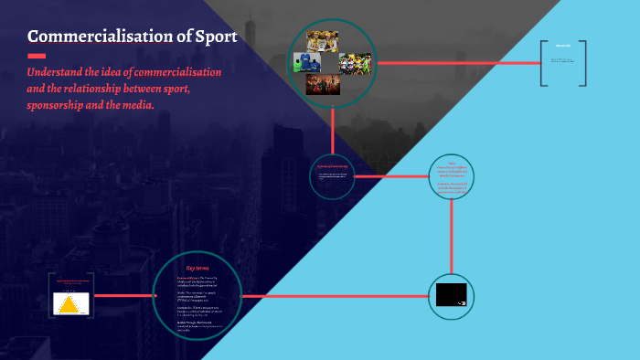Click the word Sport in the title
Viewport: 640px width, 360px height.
tap(213, 37)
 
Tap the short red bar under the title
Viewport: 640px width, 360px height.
tap(37, 56)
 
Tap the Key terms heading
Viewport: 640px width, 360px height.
tap(197, 268)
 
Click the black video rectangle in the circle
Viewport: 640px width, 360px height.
tap(451, 295)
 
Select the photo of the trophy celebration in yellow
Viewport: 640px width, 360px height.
tap(322, 40)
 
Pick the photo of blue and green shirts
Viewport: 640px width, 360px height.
tap(304, 62)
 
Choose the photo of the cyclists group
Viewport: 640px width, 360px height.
tap(355, 63)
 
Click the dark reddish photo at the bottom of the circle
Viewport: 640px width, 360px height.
tap(323, 84)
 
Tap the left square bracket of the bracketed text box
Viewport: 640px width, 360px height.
tap(543, 63)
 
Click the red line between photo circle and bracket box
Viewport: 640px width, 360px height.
tap(457, 63)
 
